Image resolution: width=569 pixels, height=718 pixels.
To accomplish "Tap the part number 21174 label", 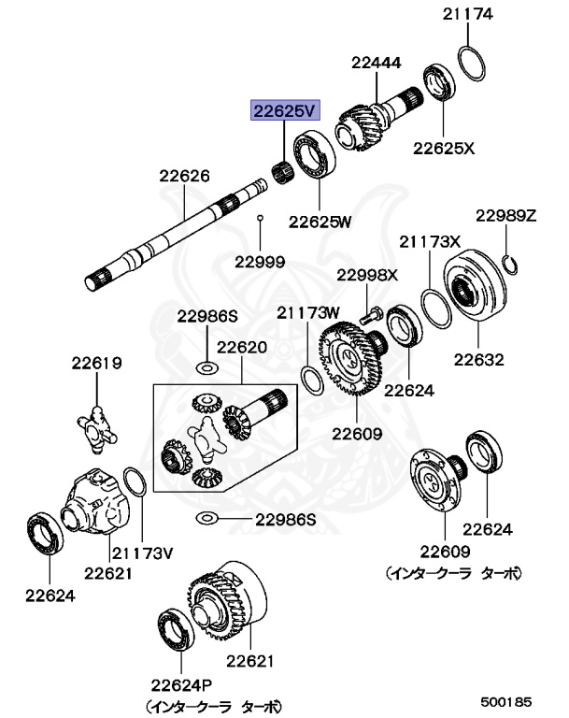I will pos(468,14).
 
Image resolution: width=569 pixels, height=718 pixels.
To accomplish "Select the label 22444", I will pos(377,64).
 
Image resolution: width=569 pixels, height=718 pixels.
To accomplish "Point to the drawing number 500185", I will pos(506,700).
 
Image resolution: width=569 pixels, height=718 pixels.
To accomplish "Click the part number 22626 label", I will pos(184,175).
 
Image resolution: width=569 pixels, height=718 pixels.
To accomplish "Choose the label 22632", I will pos(479,359).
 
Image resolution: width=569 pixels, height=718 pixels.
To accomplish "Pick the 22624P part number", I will pos(178,684).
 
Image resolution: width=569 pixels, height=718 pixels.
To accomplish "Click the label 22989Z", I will pos(505,215).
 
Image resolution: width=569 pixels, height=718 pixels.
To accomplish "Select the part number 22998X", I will pos(367,275).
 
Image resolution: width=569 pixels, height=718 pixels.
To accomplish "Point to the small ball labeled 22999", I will pos(261,219).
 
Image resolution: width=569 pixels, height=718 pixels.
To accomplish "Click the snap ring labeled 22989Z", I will pos(510,263).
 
